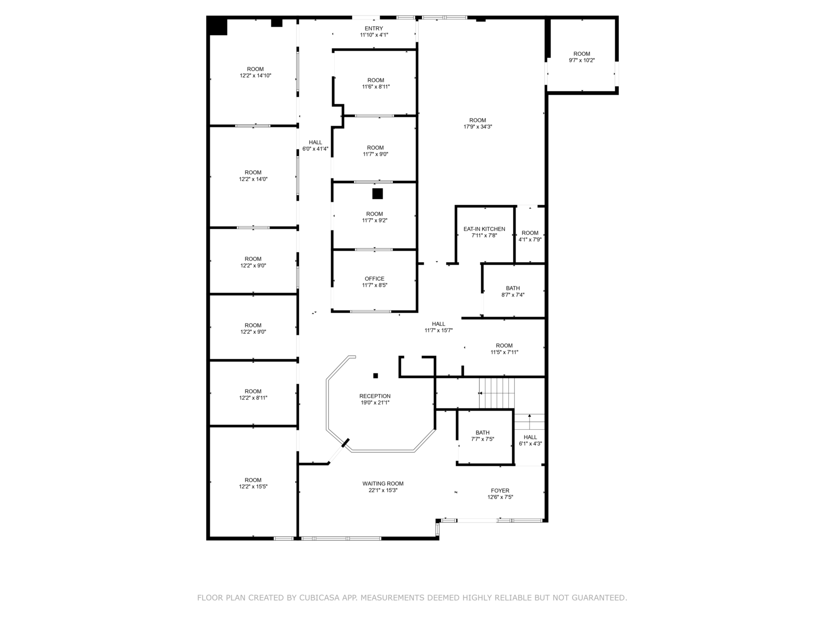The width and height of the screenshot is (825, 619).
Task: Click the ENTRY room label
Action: tap(374, 28)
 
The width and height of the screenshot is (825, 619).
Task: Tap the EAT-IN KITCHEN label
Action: tap(484, 229)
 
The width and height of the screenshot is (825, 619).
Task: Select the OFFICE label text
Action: tap(374, 279)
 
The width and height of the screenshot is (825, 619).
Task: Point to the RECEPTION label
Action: tap(375, 396)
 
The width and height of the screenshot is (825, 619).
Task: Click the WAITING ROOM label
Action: tap(383, 484)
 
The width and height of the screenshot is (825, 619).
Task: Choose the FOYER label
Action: tap(500, 491)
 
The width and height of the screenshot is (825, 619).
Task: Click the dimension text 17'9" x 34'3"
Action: tap(477, 127)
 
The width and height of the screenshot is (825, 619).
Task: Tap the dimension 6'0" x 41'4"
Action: tap(315, 149)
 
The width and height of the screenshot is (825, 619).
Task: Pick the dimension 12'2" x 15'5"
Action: tap(253, 486)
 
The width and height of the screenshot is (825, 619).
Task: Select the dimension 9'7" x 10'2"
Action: tap(582, 60)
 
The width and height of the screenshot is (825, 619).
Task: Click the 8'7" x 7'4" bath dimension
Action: tap(513, 295)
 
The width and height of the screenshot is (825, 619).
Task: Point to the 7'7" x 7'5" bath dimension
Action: tap(483, 439)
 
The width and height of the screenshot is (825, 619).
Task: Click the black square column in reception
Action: tap(376, 376)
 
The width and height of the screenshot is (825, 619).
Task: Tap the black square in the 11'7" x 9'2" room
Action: tap(377, 194)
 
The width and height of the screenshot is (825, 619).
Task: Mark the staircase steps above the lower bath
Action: tap(497, 393)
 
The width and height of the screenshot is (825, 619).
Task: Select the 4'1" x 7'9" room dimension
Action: tap(530, 239)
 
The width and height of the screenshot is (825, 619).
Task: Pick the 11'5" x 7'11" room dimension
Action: tap(504, 352)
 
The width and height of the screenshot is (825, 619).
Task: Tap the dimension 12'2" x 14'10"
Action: tap(255, 76)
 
